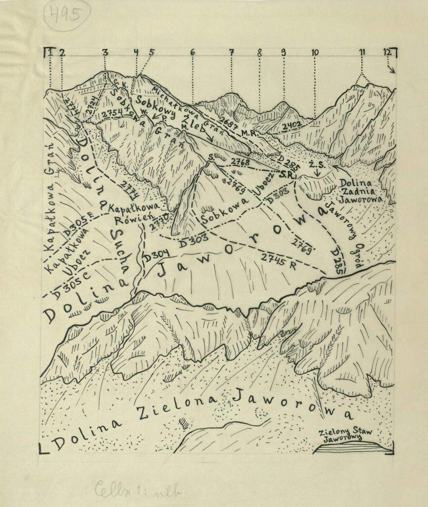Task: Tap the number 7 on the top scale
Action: pyautogui.click(x=232, y=52)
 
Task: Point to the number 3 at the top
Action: pyautogui.click(x=105, y=52)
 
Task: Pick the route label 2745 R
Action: pyautogui.click(x=279, y=260)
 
